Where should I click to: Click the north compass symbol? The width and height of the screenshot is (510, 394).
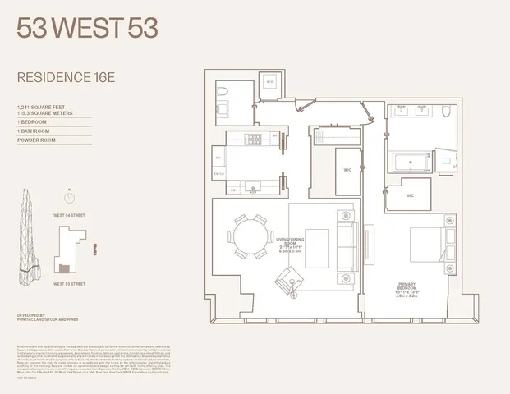click(69, 198)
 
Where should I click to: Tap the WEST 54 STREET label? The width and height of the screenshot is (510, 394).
click(69, 216)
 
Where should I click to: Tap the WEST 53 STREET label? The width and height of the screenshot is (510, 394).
click(69, 283)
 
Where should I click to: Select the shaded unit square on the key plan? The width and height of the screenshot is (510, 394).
click(64, 268)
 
